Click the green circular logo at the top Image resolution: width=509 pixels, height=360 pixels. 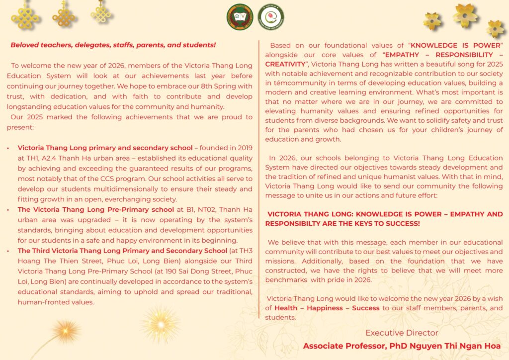[x=240, y=16]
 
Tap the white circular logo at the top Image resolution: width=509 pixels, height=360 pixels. [x=271, y=17]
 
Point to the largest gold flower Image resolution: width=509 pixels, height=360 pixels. [x=465, y=15]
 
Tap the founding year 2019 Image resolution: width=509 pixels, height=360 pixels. [x=243, y=148]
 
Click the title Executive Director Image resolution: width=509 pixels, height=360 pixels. [x=402, y=333]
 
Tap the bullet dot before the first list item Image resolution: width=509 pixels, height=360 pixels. [x=8, y=148]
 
